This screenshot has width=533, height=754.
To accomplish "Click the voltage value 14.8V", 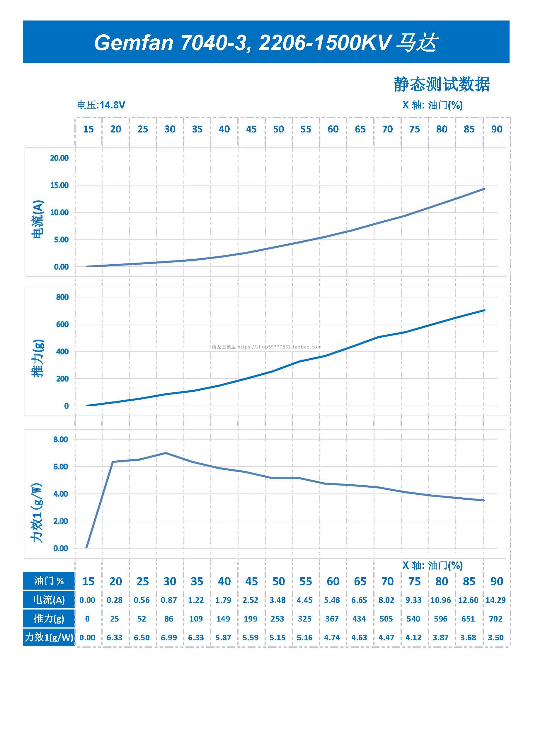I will pos(112,105).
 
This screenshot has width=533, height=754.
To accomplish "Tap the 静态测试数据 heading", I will pos(441,84).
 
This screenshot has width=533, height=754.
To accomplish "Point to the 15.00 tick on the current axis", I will pos(59,185).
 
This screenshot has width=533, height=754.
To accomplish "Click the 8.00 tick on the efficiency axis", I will pos(60,439).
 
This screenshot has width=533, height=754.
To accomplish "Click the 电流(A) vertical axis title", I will pos(38,219).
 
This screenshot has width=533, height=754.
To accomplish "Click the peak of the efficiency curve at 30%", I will pos(166,453).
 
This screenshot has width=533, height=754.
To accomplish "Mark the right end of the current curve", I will pos(484,189).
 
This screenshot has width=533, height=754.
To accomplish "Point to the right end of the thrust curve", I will pos(484,310).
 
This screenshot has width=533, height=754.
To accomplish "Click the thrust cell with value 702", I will pos(495,619).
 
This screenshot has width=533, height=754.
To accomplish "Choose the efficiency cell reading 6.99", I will pos(169,637).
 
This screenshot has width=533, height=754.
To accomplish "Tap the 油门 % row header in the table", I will pos(49,581).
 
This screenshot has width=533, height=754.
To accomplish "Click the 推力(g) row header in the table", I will pos(49,619).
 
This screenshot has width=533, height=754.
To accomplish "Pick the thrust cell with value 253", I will pos(277,619).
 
